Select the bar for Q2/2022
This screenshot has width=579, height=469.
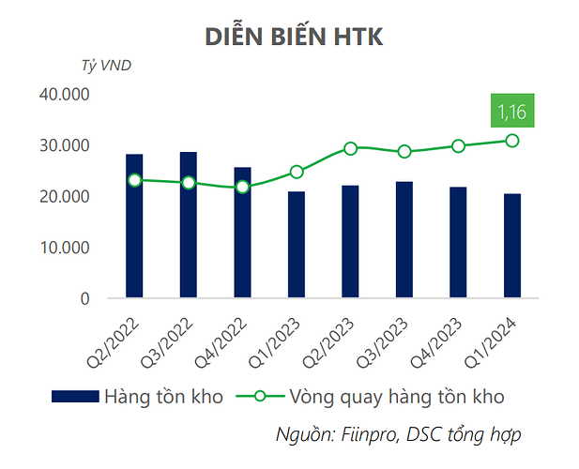tap(134, 226)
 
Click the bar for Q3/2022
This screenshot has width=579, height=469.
tap(189, 225)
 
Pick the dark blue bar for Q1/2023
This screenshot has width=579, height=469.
tap(297, 245)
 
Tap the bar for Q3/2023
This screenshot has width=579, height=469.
tap(404, 240)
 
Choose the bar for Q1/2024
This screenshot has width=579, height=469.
tap(512, 246)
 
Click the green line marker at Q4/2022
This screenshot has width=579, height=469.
tap(242, 188)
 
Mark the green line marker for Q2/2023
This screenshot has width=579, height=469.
tap(350, 147)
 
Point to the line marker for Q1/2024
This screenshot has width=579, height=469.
tap(512, 140)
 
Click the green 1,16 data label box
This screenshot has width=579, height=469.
tap(512, 113)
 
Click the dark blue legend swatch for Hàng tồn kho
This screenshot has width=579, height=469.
tap(75, 396)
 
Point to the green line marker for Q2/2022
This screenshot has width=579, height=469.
tap(134, 179)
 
